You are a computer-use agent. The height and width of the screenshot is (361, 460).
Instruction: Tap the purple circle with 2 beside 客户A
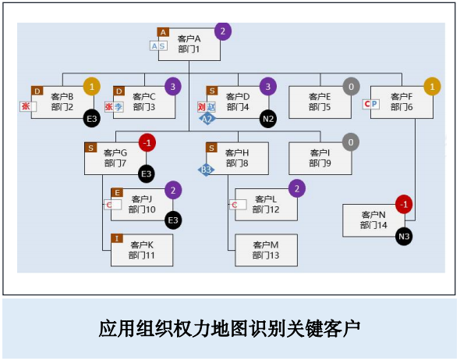pos(223,32)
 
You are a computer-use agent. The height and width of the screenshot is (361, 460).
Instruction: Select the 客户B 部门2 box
pos(62,102)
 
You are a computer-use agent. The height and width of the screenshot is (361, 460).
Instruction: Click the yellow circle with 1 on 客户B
pos(92,86)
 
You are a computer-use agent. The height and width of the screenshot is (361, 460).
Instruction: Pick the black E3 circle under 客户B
pos(92,119)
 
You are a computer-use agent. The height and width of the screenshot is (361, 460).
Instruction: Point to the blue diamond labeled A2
pos(207,119)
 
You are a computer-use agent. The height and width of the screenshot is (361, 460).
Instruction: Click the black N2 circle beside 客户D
pos(268,119)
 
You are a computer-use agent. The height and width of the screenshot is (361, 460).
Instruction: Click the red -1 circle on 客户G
pos(147,142)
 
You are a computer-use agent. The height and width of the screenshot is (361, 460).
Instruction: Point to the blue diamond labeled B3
pos(206,169)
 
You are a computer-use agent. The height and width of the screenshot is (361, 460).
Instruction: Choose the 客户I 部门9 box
pos(320,158)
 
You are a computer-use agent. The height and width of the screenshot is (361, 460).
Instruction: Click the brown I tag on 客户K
pos(117,238)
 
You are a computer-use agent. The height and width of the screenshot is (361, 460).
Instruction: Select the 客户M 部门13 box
pos(266,250)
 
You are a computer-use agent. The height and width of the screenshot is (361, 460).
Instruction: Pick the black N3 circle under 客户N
pos(403,236)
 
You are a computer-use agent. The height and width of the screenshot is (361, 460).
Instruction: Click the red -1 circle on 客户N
pos(403,205)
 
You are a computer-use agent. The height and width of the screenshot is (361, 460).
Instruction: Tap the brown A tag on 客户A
pos(163,32)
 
